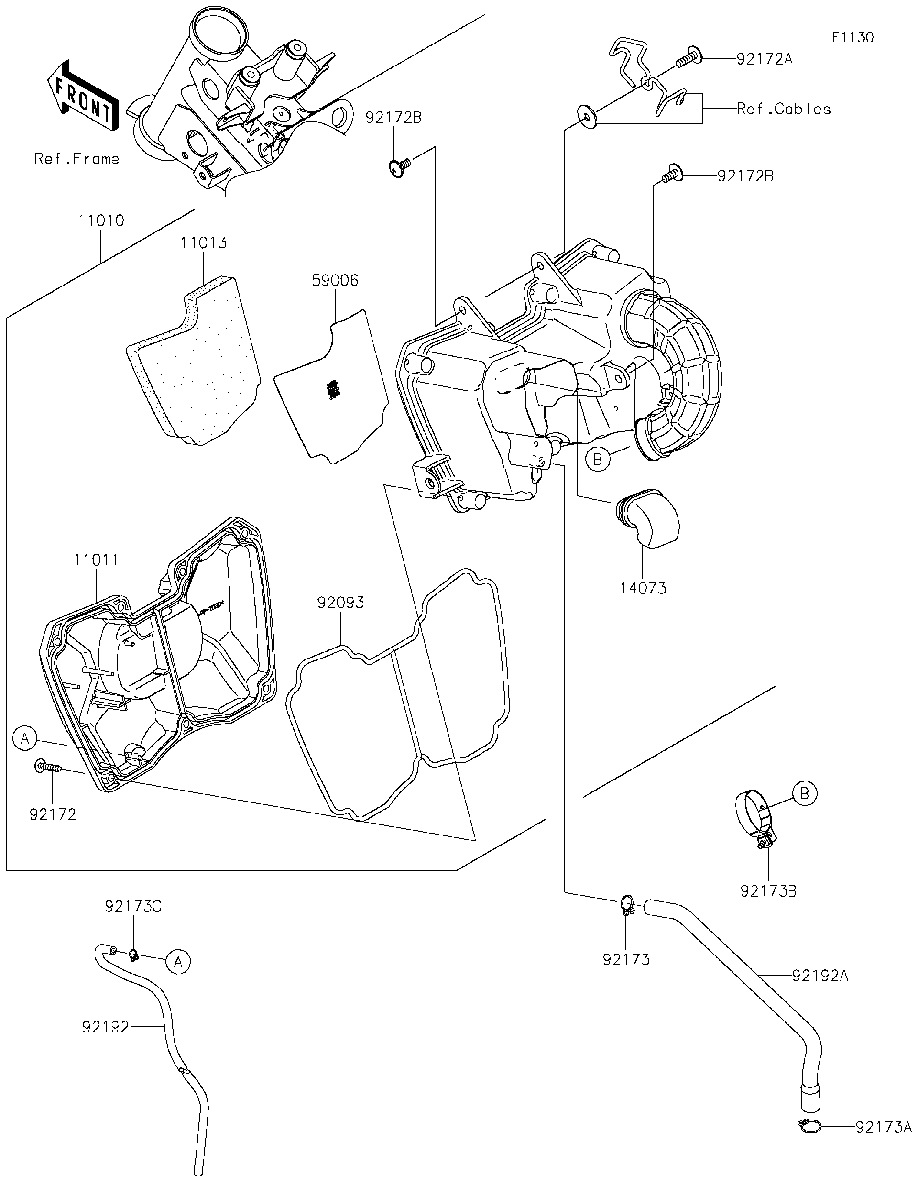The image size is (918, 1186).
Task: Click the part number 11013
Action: pyautogui.click(x=204, y=243)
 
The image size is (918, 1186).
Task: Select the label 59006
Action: pyautogui.click(x=335, y=280)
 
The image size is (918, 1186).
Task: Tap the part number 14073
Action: pyautogui.click(x=643, y=588)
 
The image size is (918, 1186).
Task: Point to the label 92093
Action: pyautogui.click(x=340, y=602)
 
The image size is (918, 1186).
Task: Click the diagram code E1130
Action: pyautogui.click(x=853, y=37)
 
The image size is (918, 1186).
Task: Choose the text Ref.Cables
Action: pyautogui.click(x=783, y=109)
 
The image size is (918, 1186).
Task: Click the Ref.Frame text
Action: pyautogui.click(x=76, y=159)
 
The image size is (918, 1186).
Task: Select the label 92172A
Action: pyautogui.click(x=764, y=59)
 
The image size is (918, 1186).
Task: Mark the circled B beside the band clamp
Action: pyautogui.click(x=804, y=793)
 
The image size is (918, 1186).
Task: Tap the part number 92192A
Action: pyautogui.click(x=820, y=976)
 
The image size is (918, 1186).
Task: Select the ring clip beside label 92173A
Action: pyautogui.click(x=809, y=1127)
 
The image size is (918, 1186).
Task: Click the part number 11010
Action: pyautogui.click(x=101, y=220)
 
